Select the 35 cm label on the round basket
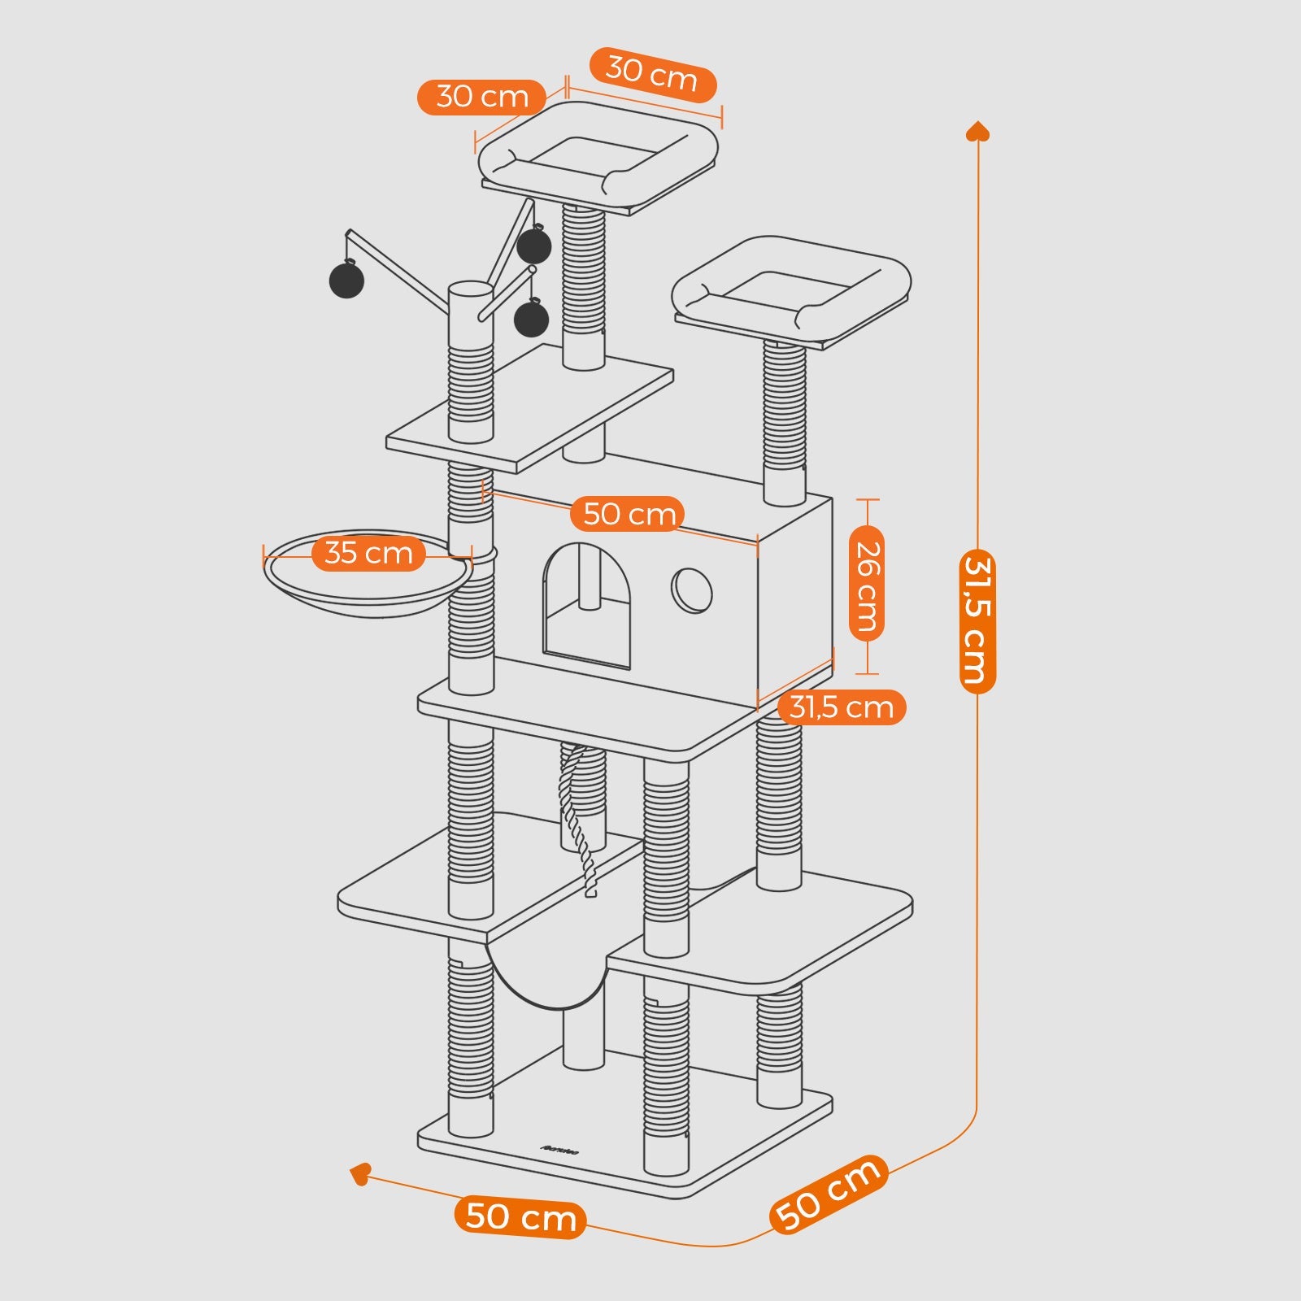368,553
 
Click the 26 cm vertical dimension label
867,585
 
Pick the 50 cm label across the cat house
629,514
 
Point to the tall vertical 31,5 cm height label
977,622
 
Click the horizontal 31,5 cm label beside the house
842,707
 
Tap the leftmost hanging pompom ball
347,280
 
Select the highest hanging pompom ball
534,246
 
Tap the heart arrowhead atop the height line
977,131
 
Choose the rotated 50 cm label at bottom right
828,1193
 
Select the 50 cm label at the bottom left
520,1217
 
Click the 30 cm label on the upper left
482,97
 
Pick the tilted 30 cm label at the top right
652,74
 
